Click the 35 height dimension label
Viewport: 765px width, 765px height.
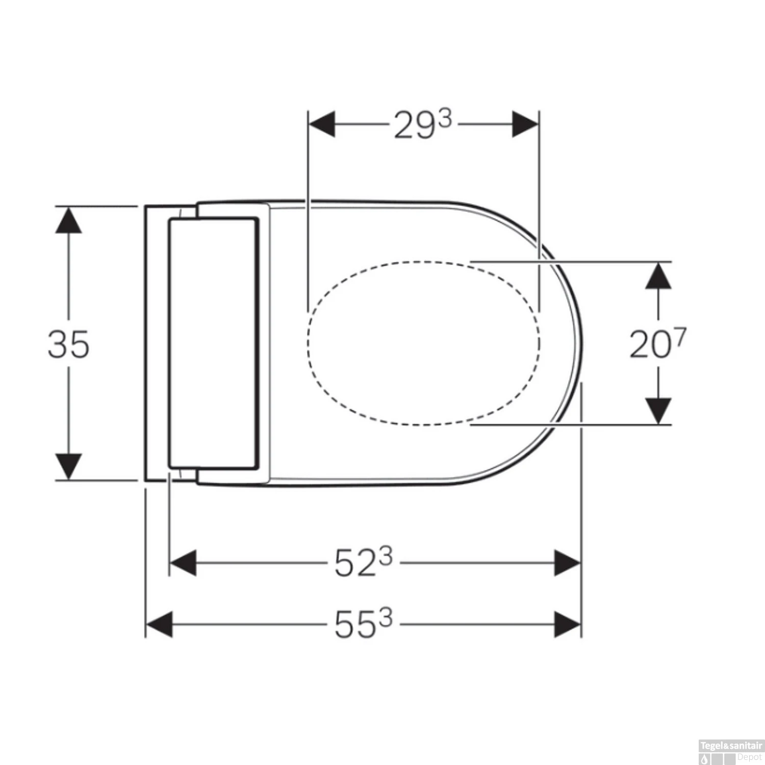pos(68,344)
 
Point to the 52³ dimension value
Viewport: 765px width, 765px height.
pos(363,563)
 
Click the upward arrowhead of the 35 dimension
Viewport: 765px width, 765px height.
pos(68,220)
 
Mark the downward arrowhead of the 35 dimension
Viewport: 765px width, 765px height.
pos(68,466)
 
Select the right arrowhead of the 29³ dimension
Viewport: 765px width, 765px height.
pos(525,124)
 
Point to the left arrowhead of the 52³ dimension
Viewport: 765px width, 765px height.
pos(183,563)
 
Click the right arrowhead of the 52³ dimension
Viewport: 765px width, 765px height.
pos(567,563)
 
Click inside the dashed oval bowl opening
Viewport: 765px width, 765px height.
pos(423,343)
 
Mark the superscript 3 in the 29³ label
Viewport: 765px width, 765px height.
pos(445,119)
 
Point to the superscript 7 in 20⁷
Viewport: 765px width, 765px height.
pos(680,337)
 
